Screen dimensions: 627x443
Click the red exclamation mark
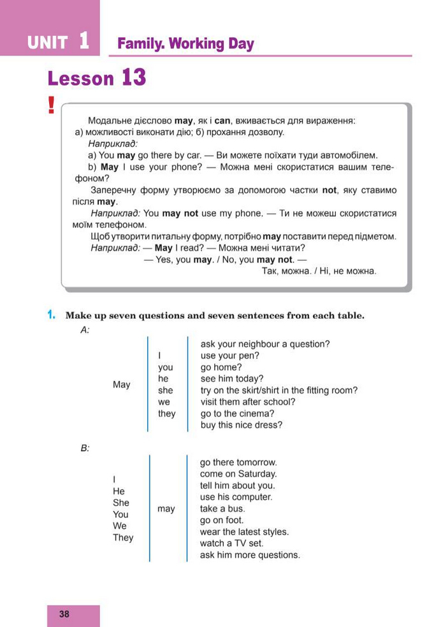[x=52, y=105]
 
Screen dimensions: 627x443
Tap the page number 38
[x=64, y=614]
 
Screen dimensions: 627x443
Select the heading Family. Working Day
[x=185, y=44]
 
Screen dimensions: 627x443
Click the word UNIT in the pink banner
[x=47, y=43]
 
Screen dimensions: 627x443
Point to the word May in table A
[x=121, y=385]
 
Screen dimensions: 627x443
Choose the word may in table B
[x=166, y=508]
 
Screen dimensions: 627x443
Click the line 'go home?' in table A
[x=221, y=367]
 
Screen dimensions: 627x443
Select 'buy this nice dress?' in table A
[x=241, y=425]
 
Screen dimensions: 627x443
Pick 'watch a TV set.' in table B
[x=231, y=543]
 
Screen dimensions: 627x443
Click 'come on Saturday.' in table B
[x=238, y=474]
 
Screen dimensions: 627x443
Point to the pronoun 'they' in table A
[x=166, y=413]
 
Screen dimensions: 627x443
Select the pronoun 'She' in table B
[x=120, y=503]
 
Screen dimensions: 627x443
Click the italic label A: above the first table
[x=85, y=330]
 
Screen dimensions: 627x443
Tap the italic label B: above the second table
[x=85, y=448]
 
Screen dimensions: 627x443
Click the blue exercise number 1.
[x=51, y=315]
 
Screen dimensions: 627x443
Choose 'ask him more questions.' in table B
[x=250, y=555]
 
